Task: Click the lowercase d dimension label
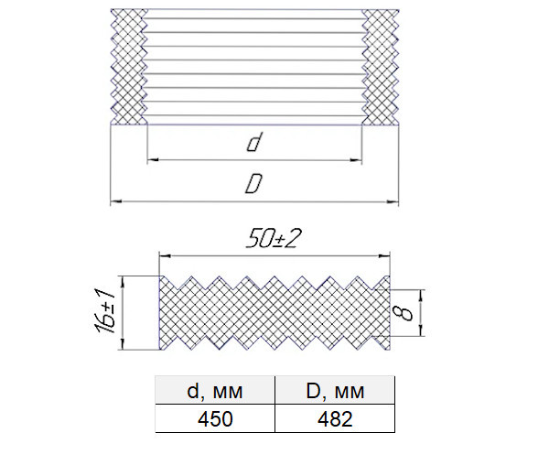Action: pos(253,143)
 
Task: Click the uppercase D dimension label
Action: pos(253,184)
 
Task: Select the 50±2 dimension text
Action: pos(274,238)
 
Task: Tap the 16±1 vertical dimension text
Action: pos(104,311)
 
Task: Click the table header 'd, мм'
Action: pos(215,391)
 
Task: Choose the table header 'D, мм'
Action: pos(335,391)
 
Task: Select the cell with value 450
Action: pos(215,418)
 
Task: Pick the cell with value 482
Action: pos(335,418)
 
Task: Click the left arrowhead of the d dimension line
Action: pos(153,160)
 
